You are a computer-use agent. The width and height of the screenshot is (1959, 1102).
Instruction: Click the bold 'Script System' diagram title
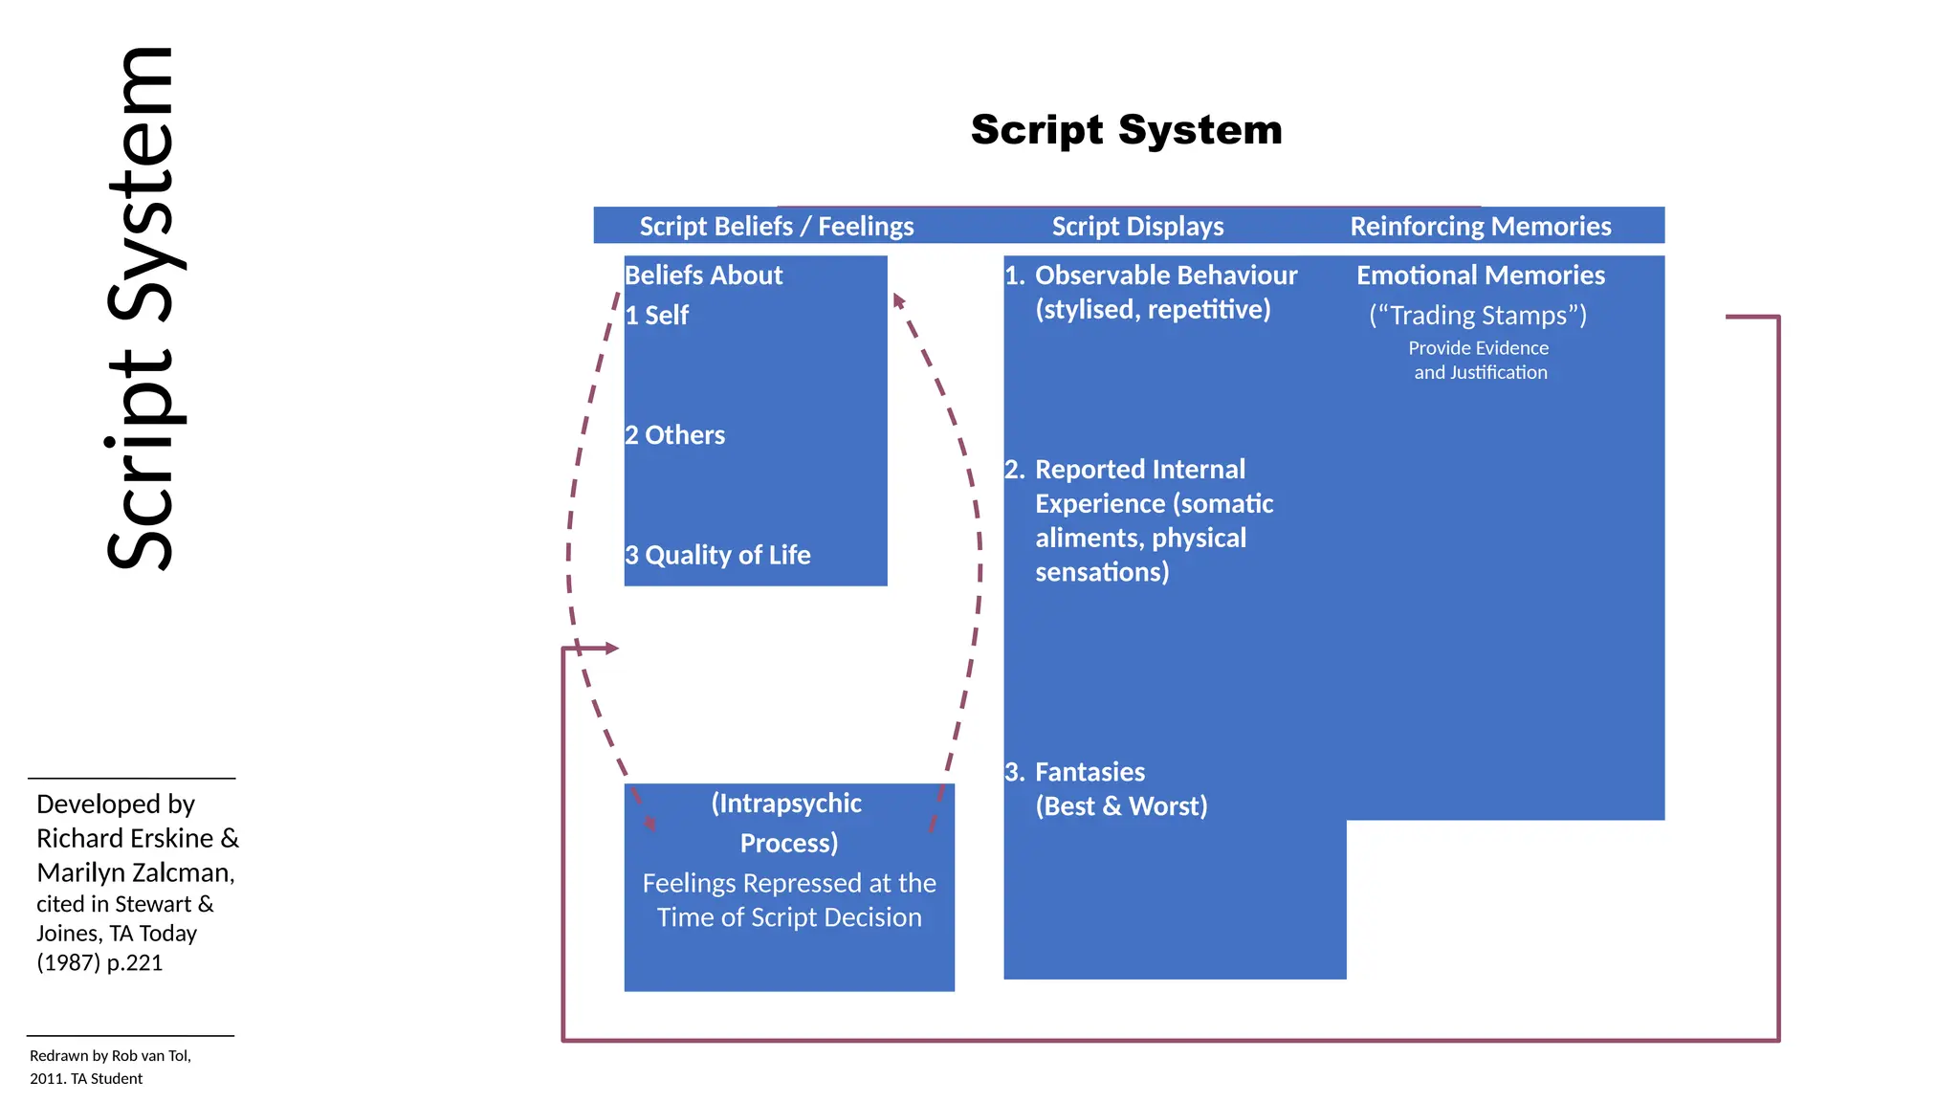tap(1126, 130)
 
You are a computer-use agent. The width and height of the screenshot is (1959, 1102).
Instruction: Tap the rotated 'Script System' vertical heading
tap(143, 308)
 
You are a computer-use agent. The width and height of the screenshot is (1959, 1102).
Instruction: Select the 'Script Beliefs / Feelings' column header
tap(776, 227)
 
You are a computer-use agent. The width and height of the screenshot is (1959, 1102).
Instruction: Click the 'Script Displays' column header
tap(1137, 227)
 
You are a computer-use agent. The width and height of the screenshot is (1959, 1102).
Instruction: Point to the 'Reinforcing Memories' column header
tap(1480, 227)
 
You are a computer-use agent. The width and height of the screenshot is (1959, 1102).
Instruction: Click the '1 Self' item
tap(656, 316)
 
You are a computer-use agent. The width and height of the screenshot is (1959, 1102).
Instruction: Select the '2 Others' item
tap(674, 435)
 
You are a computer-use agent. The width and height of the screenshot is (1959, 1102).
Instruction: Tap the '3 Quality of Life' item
tap(717, 555)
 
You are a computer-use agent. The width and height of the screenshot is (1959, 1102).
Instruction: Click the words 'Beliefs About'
tap(703, 275)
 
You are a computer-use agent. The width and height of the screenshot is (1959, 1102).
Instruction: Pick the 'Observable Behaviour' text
tap(1165, 275)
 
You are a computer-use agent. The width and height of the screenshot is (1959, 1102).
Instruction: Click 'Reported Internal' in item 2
tap(1139, 470)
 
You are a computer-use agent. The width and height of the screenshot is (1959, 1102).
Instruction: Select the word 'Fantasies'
tap(1090, 772)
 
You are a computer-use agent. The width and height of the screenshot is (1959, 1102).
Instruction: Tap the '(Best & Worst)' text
tap(1121, 806)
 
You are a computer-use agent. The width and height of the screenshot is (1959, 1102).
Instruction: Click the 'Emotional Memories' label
tap(1480, 275)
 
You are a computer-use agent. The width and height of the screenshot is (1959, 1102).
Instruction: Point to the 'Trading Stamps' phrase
tap(1478, 316)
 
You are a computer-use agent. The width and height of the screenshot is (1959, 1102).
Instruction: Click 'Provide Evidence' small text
tap(1478, 348)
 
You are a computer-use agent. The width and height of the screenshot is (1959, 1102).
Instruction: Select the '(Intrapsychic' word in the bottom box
tap(786, 804)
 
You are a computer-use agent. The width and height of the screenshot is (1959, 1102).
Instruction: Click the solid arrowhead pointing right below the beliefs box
tap(611, 649)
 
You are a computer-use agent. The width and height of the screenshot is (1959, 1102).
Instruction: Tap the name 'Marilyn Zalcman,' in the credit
tap(136, 872)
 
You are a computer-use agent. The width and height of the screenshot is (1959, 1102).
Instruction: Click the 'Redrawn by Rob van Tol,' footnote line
tap(110, 1056)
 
